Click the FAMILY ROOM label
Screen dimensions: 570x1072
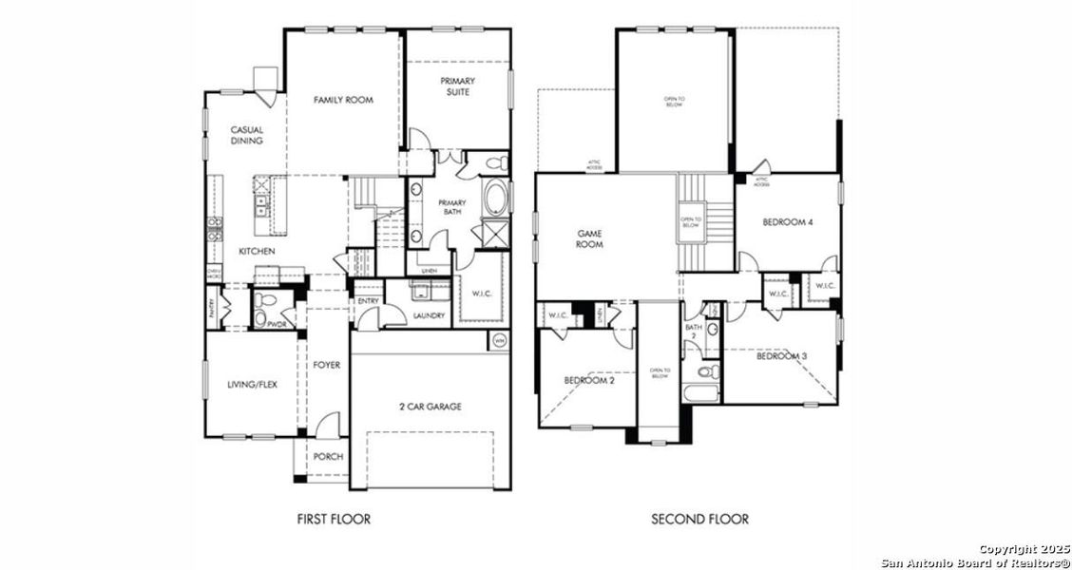343,100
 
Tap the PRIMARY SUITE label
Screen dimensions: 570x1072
457,87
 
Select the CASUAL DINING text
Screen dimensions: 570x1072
246,135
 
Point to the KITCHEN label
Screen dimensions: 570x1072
257,252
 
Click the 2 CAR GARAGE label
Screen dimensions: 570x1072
430,407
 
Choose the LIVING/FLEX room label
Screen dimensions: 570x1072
252,385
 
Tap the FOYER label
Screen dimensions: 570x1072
327,365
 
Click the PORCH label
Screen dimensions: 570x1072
328,457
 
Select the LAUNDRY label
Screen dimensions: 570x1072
429,315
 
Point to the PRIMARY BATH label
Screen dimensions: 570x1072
451,208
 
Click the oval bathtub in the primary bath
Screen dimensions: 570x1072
496,199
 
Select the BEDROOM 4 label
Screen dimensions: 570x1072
788,222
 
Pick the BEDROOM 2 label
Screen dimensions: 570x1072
589,380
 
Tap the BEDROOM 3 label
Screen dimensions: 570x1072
782,356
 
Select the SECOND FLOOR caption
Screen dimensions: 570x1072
699,519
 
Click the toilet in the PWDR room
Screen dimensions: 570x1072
265,302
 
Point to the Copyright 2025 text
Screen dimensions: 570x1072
1024,549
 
